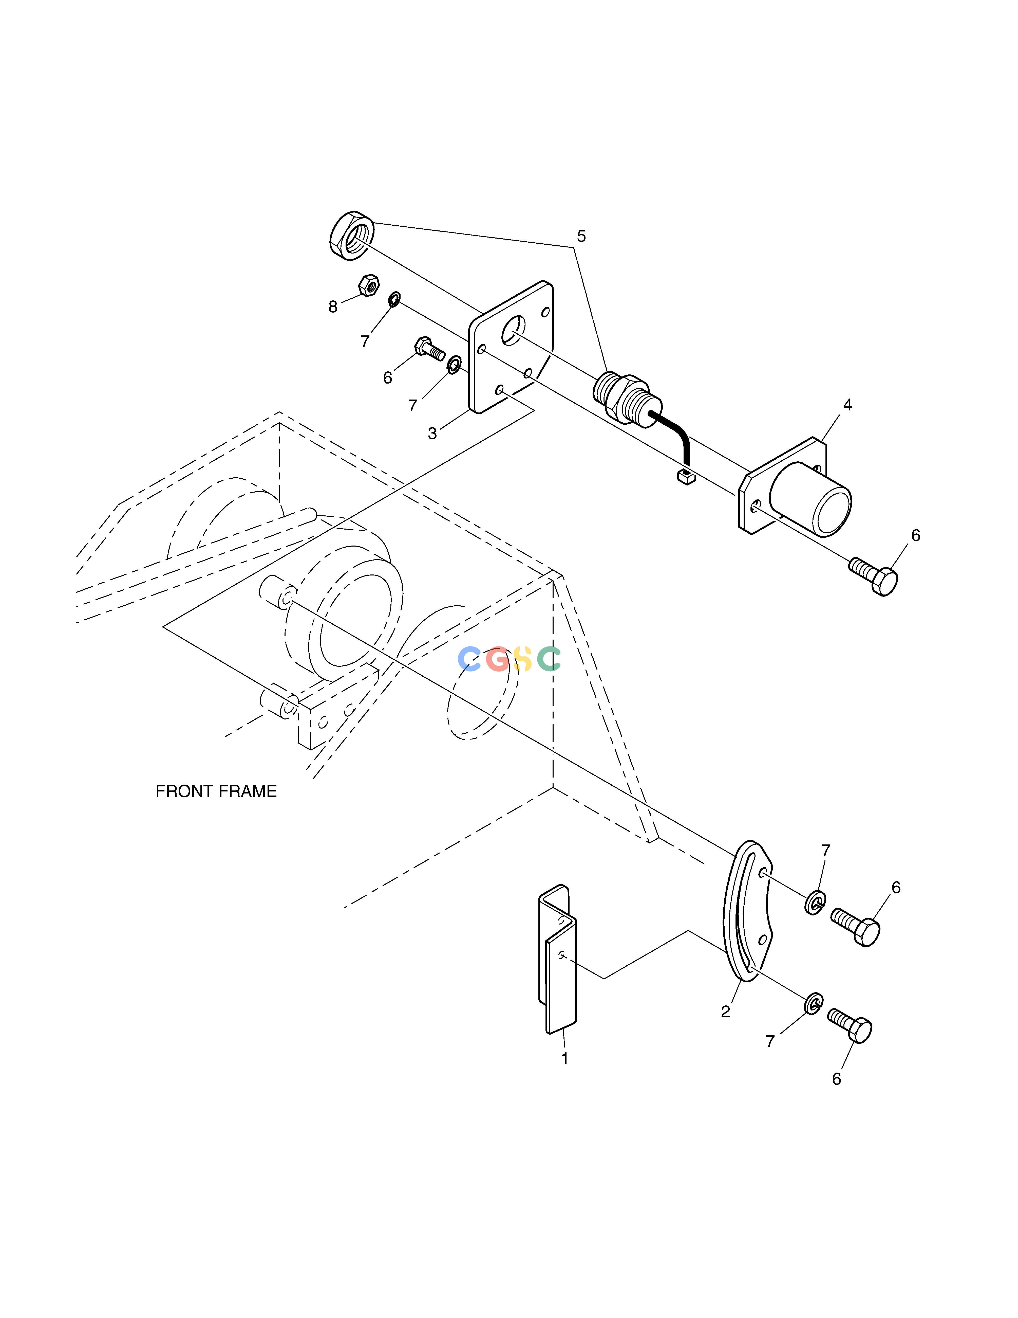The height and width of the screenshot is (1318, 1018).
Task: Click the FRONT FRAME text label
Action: point(216,791)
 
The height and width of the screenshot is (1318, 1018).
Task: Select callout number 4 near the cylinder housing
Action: point(847,405)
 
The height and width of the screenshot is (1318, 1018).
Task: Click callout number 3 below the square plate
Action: point(432,434)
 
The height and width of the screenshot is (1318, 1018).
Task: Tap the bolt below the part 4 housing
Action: point(873,576)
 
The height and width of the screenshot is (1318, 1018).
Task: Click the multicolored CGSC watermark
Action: point(510,659)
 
